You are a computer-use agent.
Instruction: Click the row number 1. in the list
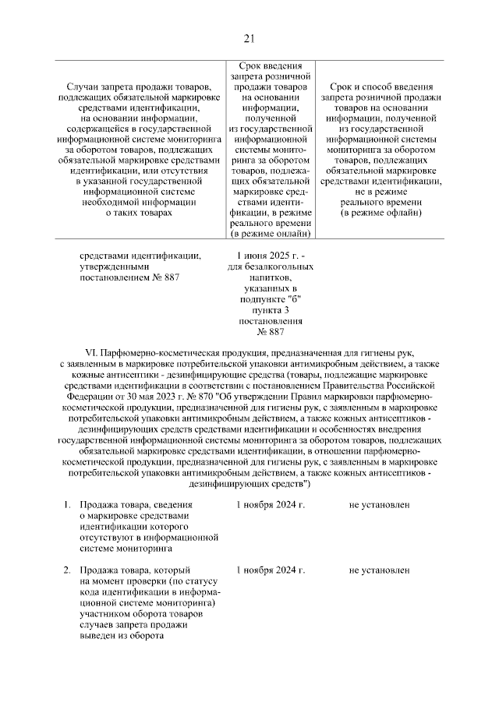point(67,504)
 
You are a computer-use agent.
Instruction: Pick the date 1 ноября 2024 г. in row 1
point(270,504)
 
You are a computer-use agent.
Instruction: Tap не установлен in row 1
point(379,504)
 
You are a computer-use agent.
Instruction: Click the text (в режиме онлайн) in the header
point(271,233)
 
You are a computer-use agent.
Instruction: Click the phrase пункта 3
point(269,309)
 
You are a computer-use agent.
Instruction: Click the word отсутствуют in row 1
point(108,537)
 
